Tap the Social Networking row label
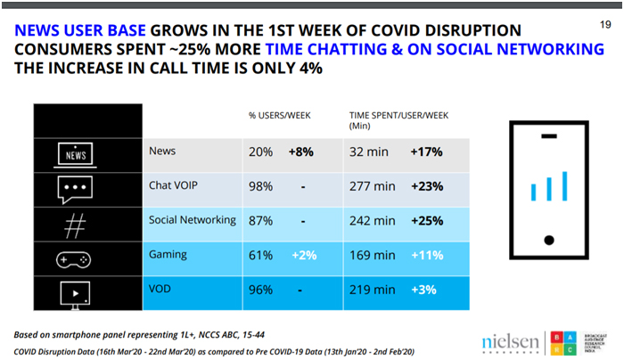[193, 220]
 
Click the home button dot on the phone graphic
[550, 238]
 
